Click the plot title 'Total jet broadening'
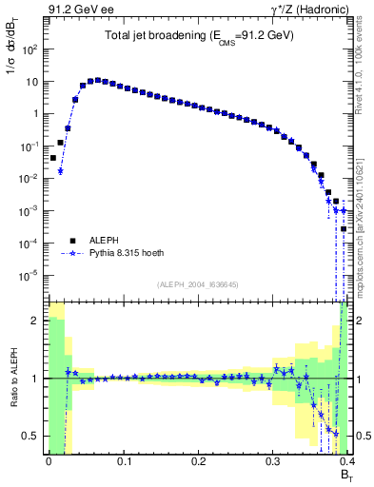point(199,35)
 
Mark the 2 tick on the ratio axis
point(35,321)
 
